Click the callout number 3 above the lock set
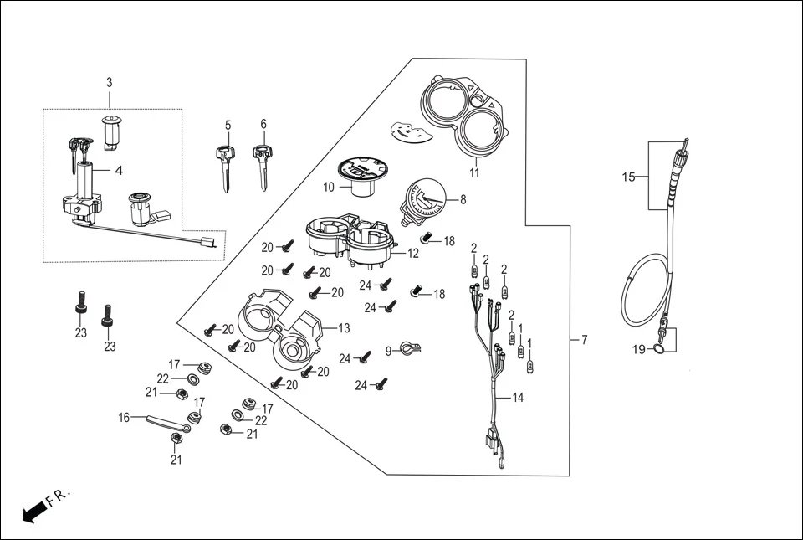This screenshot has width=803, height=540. pyautogui.click(x=109, y=82)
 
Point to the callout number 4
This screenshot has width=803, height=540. pyautogui.click(x=119, y=171)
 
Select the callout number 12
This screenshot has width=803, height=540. pyautogui.click(x=413, y=253)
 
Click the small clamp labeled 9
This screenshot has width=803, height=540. pyautogui.click(x=407, y=348)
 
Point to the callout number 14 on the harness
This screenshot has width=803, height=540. pyautogui.click(x=518, y=398)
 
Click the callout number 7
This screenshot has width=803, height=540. pyautogui.click(x=584, y=340)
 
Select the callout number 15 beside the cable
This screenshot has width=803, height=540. pyautogui.click(x=628, y=177)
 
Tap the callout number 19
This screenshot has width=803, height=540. pyautogui.click(x=639, y=350)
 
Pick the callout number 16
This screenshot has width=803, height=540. pyautogui.click(x=124, y=417)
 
